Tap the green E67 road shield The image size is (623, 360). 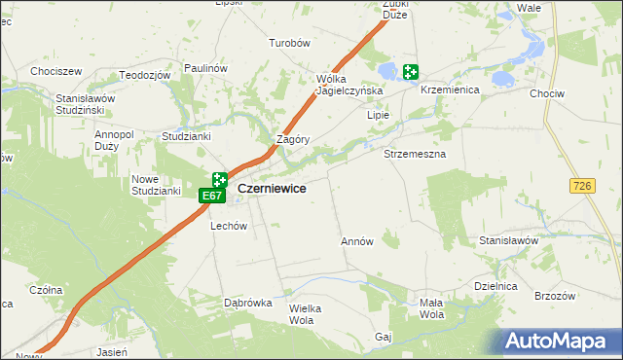coord(212,197)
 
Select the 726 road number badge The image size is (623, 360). coord(583,185)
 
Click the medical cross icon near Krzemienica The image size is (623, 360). coord(411,71)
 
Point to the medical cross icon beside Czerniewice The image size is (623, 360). coord(220,180)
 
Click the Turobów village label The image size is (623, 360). coord(289,44)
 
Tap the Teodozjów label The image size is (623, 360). coord(145,75)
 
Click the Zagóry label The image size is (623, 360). coord(293,139)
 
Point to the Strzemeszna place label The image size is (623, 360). coord(415,155)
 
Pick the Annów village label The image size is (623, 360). coord(357,241)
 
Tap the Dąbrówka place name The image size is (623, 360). coord(247,303)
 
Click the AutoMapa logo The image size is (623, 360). coord(562,342)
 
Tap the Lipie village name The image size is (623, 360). coord(378,115)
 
